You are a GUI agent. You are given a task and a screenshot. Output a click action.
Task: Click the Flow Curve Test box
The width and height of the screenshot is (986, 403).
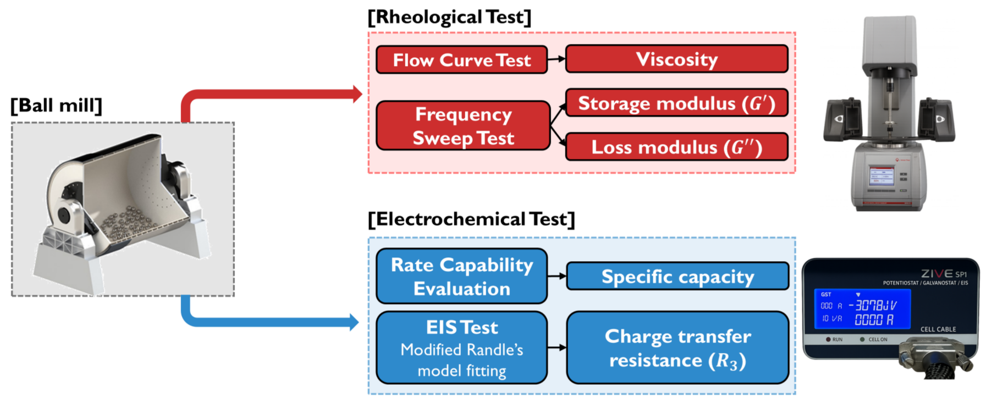click(x=461, y=60)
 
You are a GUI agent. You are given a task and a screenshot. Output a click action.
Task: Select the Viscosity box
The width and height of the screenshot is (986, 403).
click(x=676, y=59)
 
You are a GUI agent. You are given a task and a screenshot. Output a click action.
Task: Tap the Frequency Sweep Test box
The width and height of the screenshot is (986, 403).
click(x=463, y=126)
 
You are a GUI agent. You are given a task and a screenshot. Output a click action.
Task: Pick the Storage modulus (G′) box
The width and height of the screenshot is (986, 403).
click(x=676, y=103)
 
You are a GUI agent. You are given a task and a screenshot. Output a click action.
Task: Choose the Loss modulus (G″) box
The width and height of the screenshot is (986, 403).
click(x=676, y=147)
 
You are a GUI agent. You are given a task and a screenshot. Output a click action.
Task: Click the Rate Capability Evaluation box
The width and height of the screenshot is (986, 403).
click(x=461, y=276)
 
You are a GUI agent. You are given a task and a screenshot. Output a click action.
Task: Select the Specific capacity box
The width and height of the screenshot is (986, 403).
click(x=677, y=276)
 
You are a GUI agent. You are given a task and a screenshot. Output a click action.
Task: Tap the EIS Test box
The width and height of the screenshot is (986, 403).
click(x=461, y=347)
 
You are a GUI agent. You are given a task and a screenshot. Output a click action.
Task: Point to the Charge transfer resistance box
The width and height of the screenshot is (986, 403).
click(x=677, y=347)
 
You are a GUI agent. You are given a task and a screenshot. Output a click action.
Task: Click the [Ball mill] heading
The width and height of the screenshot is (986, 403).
click(x=57, y=105)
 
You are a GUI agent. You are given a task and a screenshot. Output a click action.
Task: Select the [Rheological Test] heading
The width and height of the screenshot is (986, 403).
click(x=449, y=17)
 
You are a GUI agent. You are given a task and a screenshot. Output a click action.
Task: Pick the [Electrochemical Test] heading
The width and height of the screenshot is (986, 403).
click(x=471, y=219)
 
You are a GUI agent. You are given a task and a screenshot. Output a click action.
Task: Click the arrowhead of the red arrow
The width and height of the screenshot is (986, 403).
click(x=357, y=94)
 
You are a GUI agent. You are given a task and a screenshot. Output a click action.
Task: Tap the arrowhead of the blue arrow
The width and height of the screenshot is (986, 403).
click(x=354, y=322)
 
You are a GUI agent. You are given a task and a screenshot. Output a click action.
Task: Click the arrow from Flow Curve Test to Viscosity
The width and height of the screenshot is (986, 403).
click(x=557, y=59)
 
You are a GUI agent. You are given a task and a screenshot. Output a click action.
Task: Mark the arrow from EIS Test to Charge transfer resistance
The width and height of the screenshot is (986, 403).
click(x=557, y=347)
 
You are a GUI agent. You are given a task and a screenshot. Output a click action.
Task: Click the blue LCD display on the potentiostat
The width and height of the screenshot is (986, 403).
click(x=862, y=308)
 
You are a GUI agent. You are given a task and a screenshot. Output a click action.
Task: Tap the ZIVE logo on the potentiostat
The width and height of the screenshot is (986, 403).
click(x=937, y=273)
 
